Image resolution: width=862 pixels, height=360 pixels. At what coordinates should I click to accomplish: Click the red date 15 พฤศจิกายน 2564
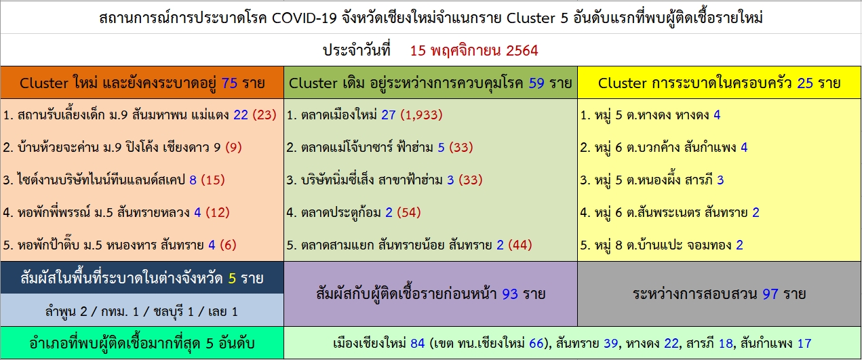coord(473,51)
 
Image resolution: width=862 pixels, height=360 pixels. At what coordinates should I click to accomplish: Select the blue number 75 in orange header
coord(229,83)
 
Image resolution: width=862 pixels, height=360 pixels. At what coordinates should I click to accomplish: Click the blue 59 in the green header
coord(536,83)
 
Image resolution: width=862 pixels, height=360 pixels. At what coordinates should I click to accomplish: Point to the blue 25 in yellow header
coord(805,83)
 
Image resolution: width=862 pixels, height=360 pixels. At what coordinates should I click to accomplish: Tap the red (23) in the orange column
coord(265,115)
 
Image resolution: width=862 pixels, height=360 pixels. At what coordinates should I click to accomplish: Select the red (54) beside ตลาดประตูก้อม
coord(409,212)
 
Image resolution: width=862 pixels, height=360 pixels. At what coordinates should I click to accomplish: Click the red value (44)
coord(520,245)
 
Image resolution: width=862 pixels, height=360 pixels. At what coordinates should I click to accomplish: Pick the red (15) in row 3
coord(213,180)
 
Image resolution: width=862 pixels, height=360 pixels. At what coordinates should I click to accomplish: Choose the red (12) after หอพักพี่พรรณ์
coord(218,212)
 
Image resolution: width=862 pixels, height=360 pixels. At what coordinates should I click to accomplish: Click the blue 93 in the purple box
coord(510,294)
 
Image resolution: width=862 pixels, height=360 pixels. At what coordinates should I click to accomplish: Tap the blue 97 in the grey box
coord(770,294)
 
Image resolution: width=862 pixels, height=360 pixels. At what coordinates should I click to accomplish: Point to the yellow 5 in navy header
coord(232,278)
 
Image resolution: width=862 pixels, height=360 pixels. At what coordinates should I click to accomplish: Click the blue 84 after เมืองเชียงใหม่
coord(418,343)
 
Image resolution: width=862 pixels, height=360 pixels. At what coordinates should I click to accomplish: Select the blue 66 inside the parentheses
coord(536,343)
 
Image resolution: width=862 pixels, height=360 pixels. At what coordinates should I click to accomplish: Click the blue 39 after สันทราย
coord(610,343)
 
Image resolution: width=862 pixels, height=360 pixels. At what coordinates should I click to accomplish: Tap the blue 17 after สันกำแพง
coord(804,343)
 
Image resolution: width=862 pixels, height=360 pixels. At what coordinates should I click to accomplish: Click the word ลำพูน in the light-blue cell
coord(60,311)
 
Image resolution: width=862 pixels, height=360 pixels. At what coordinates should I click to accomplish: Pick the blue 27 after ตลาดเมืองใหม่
coord(389,115)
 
